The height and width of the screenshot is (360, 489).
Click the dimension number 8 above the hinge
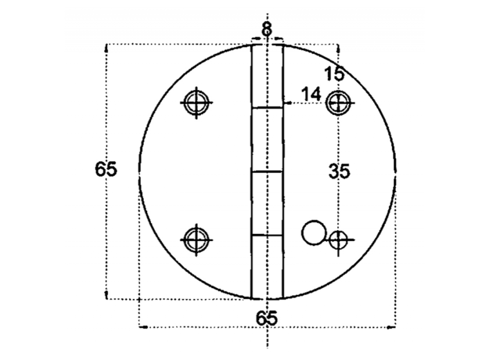267,29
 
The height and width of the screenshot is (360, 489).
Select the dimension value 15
334,74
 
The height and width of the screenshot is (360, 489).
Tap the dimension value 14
311,94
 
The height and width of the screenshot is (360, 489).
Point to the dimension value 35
339,171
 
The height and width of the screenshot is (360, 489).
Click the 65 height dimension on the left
106,169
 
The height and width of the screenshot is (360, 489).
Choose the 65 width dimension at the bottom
267,318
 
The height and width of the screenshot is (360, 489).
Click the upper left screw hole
196,102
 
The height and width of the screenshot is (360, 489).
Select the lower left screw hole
196,240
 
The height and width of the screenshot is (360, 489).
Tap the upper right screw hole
338,102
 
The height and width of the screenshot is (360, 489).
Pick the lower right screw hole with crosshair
339,240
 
